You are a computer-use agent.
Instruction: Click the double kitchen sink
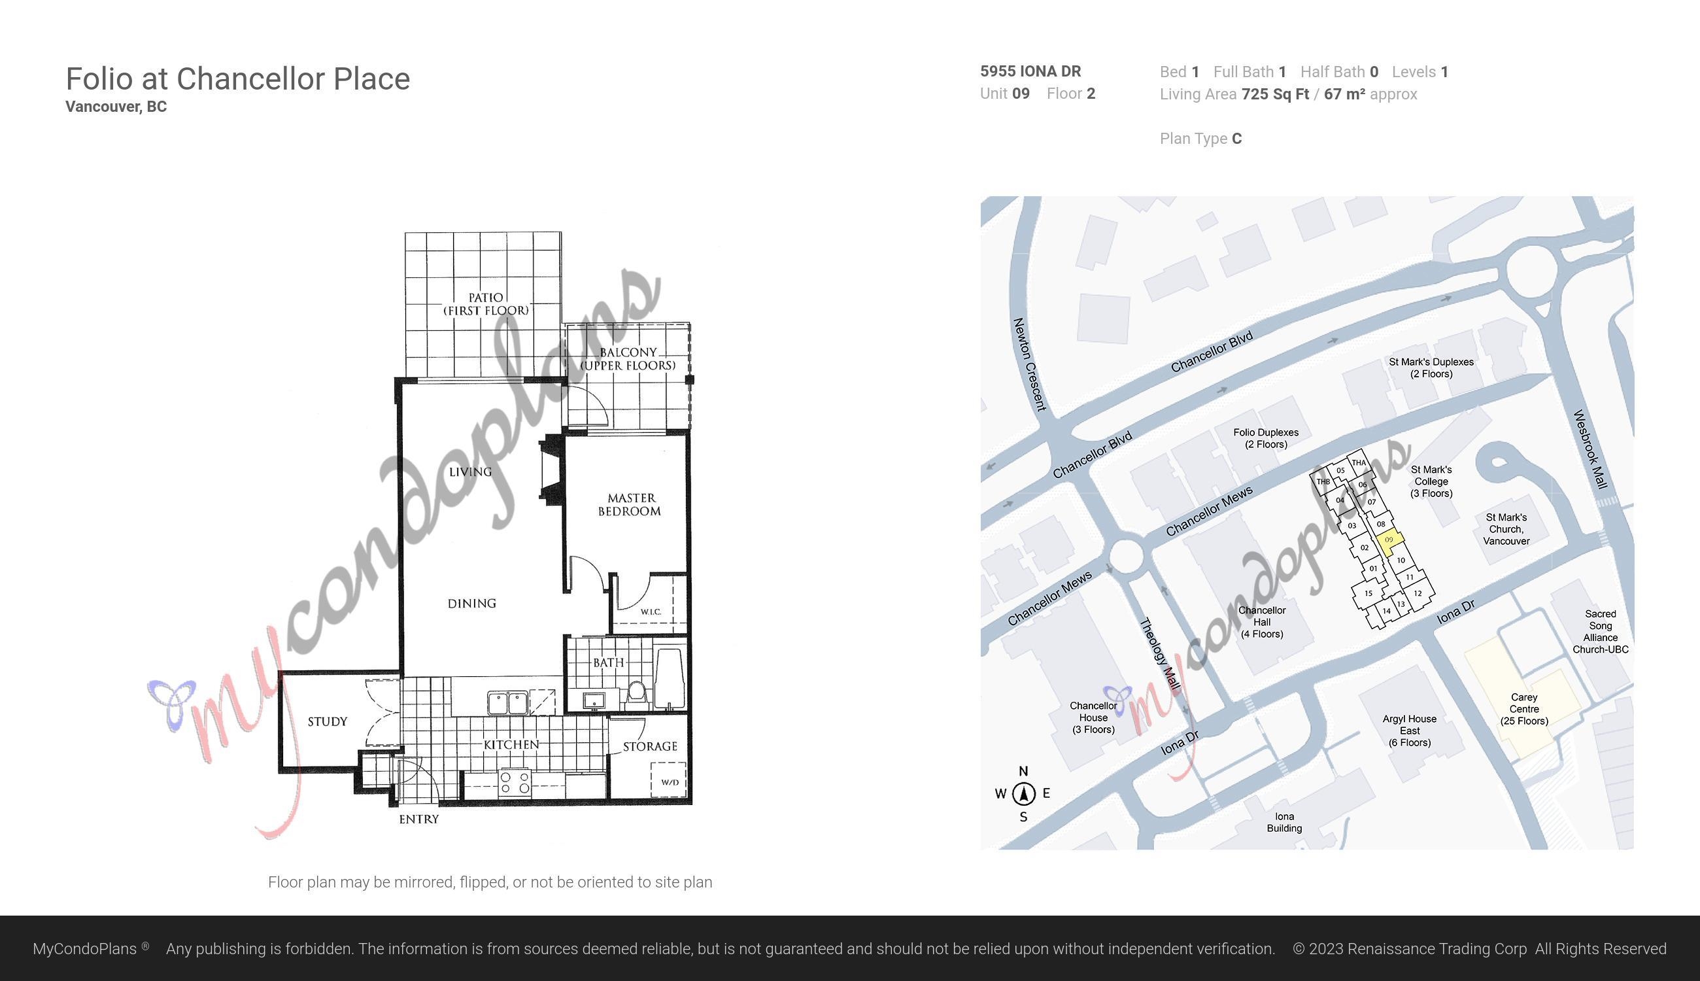click(x=508, y=703)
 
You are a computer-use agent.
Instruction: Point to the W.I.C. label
click(x=651, y=611)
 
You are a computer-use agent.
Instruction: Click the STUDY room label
click(x=328, y=721)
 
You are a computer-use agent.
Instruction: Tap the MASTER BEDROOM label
click(x=630, y=505)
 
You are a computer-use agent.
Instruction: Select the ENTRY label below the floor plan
click(x=419, y=819)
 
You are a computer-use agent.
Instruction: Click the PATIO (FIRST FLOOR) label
click(x=486, y=304)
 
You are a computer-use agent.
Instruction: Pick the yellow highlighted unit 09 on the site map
click(x=1389, y=542)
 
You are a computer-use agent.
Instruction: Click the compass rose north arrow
click(x=1024, y=794)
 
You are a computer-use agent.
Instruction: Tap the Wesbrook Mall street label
click(x=1591, y=449)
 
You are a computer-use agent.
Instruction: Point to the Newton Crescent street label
click(x=1030, y=364)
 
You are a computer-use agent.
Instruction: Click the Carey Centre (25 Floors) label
click(x=1524, y=709)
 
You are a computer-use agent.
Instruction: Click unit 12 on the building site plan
click(x=1418, y=594)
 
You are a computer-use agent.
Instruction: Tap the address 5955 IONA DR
click(x=1030, y=71)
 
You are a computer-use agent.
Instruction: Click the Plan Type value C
click(x=1236, y=139)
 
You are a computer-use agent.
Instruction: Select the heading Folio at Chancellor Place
click(x=238, y=79)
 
